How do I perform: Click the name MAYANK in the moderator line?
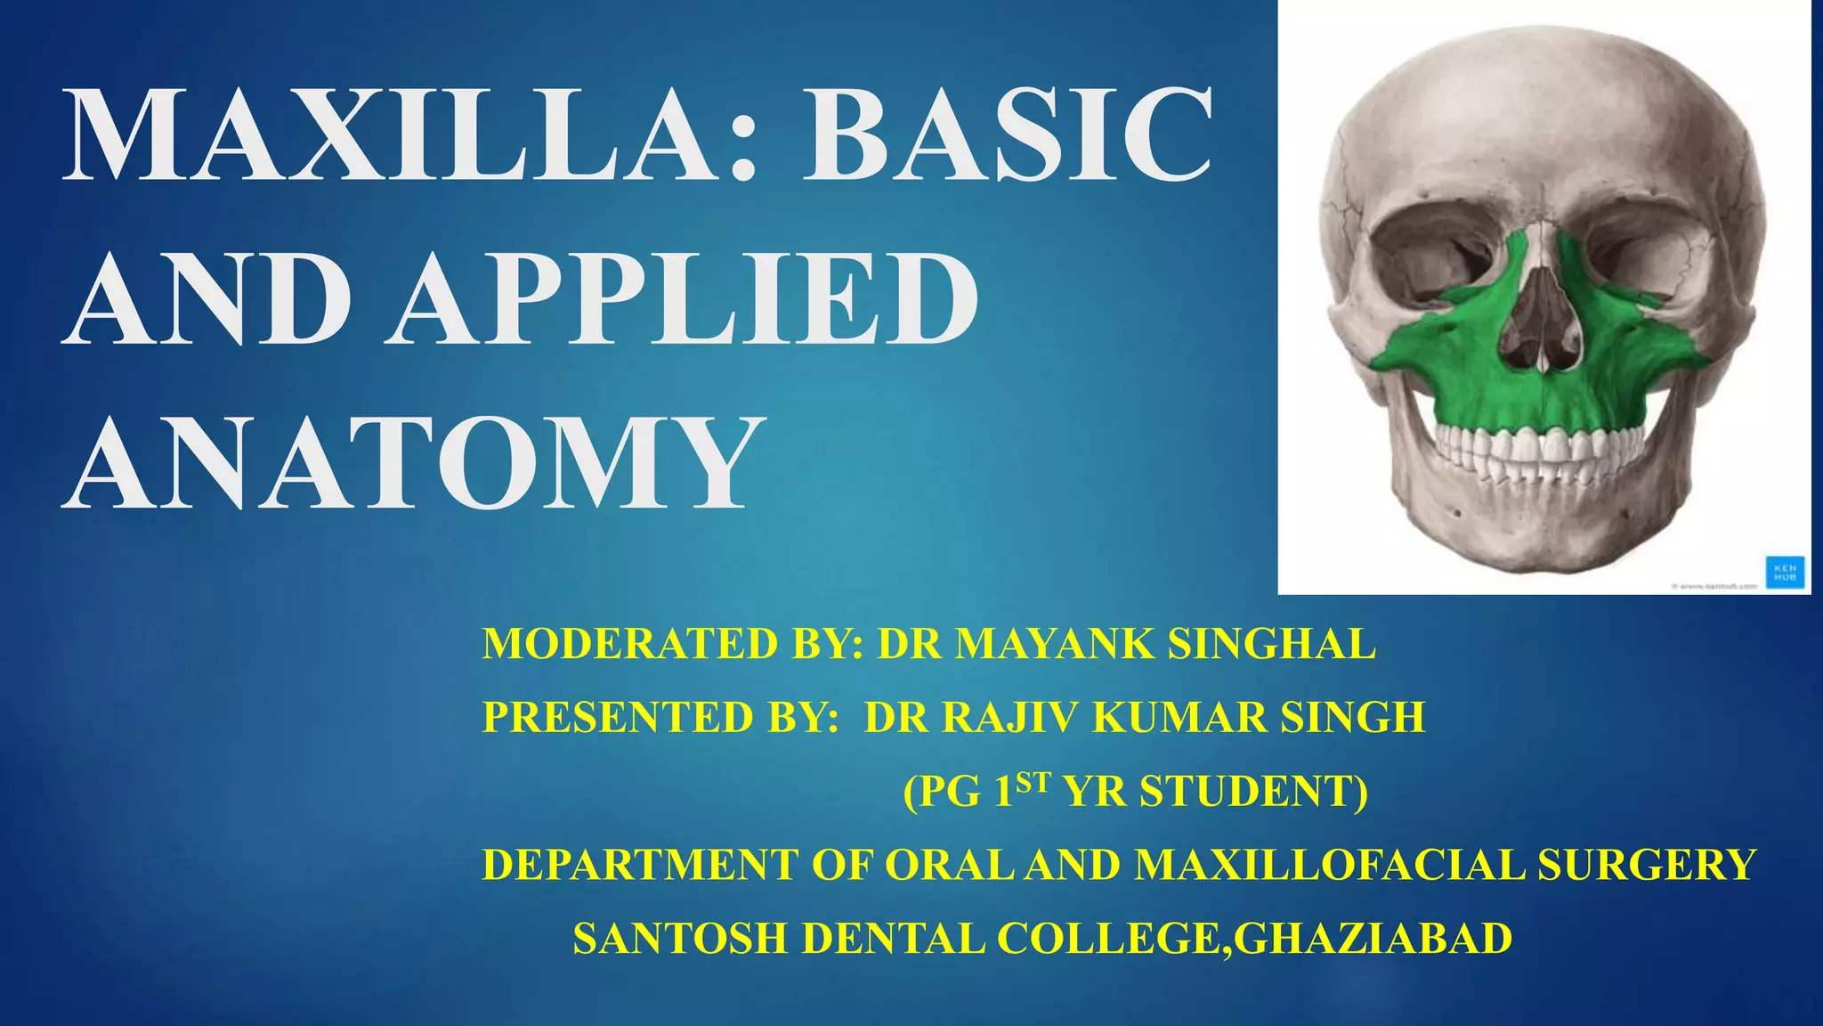click(x=1056, y=644)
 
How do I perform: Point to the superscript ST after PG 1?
click(x=1033, y=782)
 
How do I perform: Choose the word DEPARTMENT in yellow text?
click(x=640, y=865)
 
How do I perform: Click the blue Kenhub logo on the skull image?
click(x=1785, y=570)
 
